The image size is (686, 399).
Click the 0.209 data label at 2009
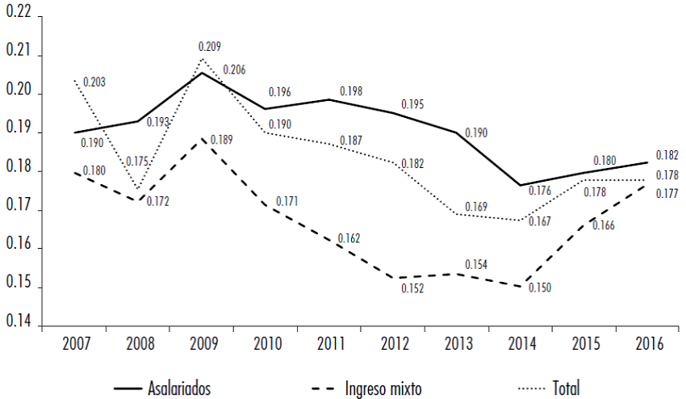[x=209, y=47]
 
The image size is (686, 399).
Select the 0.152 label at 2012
[x=412, y=288]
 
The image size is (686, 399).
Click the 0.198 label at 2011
[x=351, y=90]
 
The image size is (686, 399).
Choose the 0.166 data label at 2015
[x=603, y=226]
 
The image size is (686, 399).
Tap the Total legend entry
[x=565, y=388]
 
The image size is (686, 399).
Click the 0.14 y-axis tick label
[x=19, y=325]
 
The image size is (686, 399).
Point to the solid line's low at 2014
[x=520, y=185]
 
